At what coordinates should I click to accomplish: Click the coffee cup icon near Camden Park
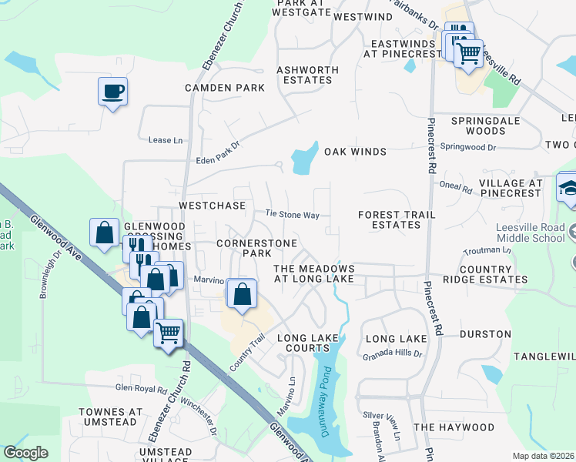[x=112, y=92]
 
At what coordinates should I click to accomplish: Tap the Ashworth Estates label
[x=311, y=75]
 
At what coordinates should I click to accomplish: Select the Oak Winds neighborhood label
[x=354, y=152]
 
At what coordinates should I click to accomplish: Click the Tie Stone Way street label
[x=292, y=215]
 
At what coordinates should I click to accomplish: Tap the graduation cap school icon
[x=568, y=189]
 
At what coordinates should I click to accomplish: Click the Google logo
[x=25, y=452]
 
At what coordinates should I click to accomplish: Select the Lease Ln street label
[x=166, y=140]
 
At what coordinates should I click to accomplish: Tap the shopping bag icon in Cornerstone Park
[x=242, y=294]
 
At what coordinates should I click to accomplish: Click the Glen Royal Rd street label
[x=141, y=390]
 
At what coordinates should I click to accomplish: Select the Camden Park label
[x=224, y=88]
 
